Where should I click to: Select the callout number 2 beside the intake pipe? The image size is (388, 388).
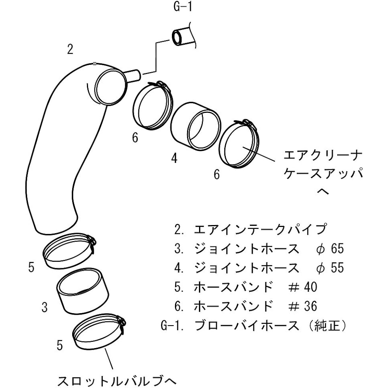click(x=70, y=49)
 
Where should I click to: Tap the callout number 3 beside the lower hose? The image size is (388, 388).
click(x=45, y=308)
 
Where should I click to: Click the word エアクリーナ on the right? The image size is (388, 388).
click(x=323, y=156)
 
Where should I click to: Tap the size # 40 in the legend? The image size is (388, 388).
click(x=303, y=287)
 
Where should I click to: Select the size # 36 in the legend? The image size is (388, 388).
click(x=303, y=307)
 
